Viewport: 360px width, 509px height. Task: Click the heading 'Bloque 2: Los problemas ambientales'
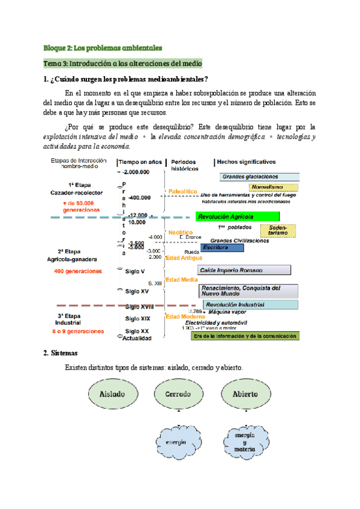point(103,47)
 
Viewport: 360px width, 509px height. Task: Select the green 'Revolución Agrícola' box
point(237,217)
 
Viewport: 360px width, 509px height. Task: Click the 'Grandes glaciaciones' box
point(259,176)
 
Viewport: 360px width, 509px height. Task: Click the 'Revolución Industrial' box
point(250,304)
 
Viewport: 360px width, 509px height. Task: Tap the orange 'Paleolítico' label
point(182,191)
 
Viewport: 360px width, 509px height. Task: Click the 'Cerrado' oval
point(179,394)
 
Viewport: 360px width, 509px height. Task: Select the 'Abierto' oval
point(243,394)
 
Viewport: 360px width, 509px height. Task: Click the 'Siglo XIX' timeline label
point(137,318)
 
